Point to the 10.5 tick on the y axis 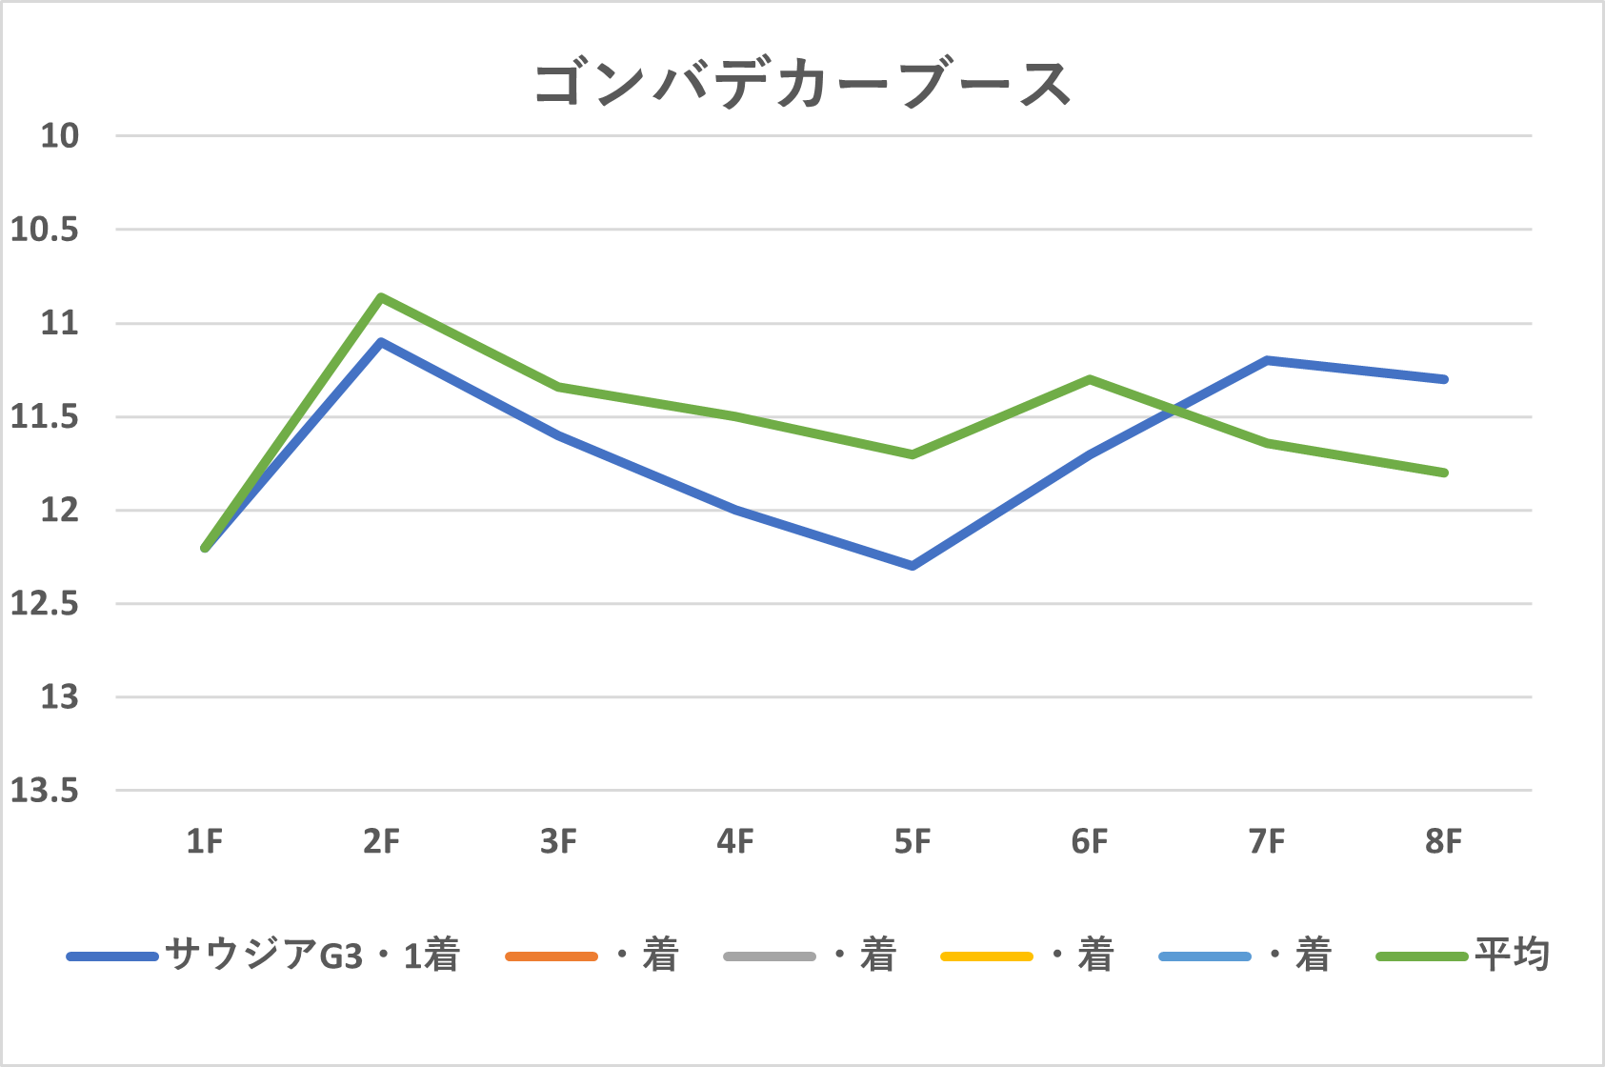45,230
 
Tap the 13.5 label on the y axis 45,791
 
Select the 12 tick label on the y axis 59,511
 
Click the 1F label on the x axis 205,842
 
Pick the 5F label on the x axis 913,842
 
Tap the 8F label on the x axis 1443,842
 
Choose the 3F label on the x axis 558,842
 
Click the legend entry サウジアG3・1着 311,955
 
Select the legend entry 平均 1512,955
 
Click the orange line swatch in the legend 552,956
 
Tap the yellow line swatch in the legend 986,956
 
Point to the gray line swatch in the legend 769,956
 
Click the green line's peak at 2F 381,296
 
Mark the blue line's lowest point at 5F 913,566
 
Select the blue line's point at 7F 1267,360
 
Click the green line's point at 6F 1090,379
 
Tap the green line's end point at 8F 1444,473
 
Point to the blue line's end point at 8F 1444,379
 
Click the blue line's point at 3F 558,434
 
